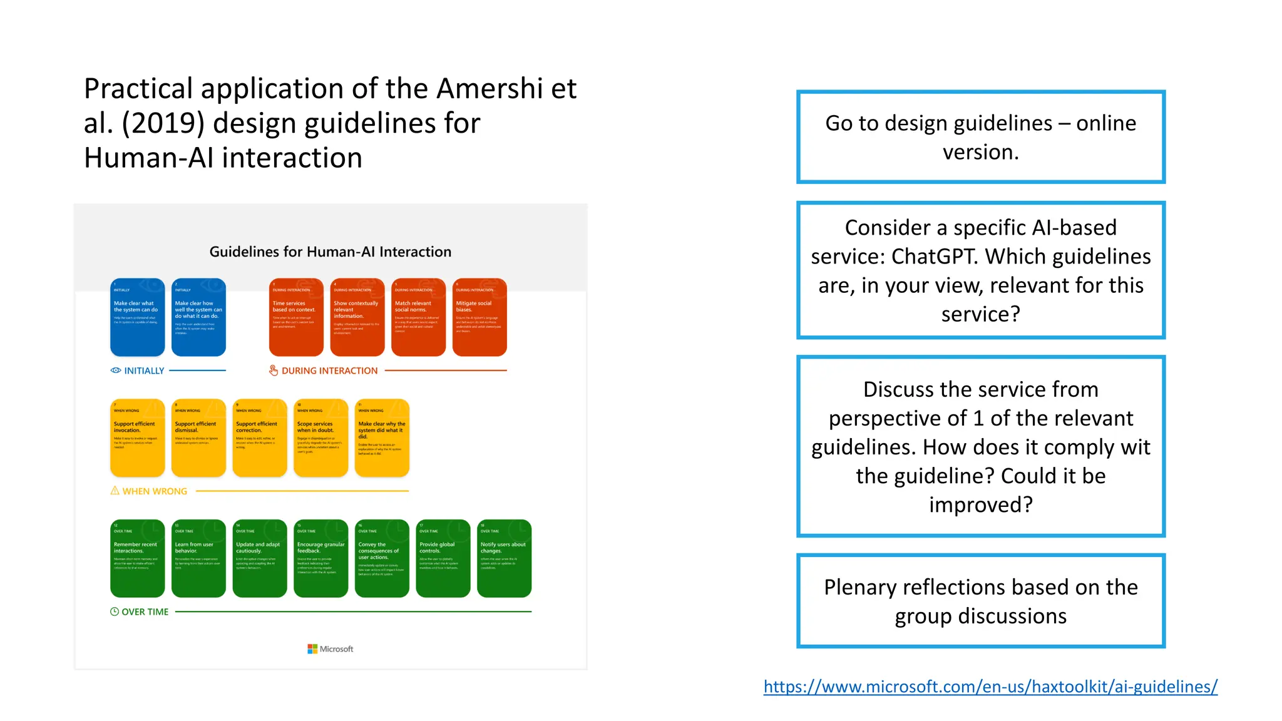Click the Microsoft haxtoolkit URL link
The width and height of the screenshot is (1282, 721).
[990, 687]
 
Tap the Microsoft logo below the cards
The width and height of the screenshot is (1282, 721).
[330, 649]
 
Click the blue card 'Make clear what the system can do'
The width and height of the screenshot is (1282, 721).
[137, 317]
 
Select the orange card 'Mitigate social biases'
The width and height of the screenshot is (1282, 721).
[479, 317]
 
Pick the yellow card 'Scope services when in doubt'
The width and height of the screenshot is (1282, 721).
[320, 437]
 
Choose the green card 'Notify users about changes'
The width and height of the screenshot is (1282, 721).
[504, 558]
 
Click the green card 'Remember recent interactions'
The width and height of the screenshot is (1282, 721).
[137, 558]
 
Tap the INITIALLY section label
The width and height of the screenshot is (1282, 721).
[143, 371]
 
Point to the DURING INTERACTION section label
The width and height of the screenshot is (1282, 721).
[329, 371]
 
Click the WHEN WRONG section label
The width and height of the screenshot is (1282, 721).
[154, 491]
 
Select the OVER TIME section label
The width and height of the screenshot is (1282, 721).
[145, 612]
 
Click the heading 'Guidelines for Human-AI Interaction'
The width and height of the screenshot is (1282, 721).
[330, 252]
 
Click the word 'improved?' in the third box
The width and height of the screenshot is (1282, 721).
[980, 504]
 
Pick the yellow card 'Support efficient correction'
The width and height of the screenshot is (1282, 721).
[259, 437]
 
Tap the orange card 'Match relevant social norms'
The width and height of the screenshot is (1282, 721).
[418, 317]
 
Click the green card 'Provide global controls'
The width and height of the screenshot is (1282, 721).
[443, 558]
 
